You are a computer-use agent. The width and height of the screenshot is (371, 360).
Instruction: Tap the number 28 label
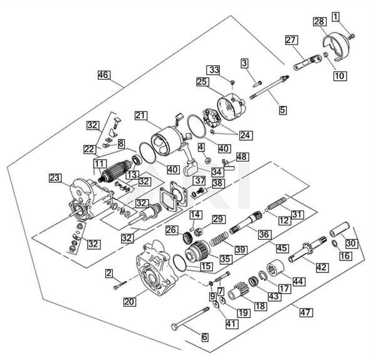tap(320, 22)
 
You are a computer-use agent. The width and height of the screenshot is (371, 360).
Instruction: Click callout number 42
tap(321, 267)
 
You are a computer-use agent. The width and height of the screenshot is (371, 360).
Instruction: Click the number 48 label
tap(242, 157)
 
